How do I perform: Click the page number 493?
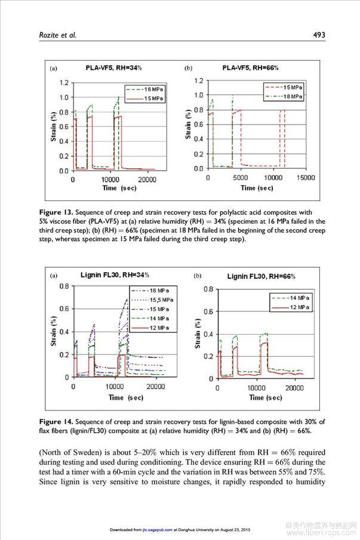319,35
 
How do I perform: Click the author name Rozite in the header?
44,35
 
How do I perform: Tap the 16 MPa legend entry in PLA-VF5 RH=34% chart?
152,88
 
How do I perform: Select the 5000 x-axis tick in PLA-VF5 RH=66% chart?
240,178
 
